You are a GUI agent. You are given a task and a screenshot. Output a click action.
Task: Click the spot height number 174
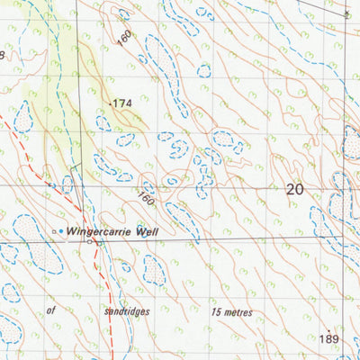[122, 104]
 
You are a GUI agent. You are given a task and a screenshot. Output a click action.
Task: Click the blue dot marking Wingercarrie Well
[61, 232]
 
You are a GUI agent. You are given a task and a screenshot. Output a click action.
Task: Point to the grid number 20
[294, 189]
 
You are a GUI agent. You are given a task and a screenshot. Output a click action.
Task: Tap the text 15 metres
[231, 312]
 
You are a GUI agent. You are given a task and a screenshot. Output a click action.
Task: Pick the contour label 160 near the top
[124, 39]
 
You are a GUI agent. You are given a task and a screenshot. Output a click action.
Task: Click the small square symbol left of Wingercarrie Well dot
[52, 232]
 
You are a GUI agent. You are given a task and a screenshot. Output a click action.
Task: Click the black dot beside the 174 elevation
[109, 104]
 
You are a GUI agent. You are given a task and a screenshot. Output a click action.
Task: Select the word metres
[238, 312]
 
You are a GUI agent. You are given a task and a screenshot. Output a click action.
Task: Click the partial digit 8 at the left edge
[3, 56]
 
